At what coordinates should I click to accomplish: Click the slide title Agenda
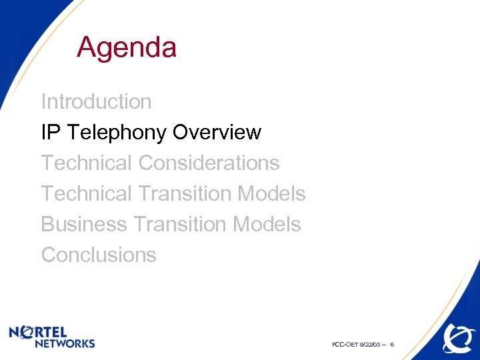pyautogui.click(x=127, y=48)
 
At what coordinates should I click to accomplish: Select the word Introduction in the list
pyautogui.click(x=96, y=102)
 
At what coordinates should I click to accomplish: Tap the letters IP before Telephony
pyautogui.click(x=50, y=133)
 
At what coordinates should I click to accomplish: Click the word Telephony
pyautogui.click(x=116, y=133)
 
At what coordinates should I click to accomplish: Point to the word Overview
pyautogui.click(x=217, y=133)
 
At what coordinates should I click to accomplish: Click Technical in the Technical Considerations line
pyautogui.click(x=87, y=163)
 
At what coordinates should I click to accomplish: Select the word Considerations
pyautogui.click(x=209, y=163)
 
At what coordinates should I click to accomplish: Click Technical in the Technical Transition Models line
pyautogui.click(x=87, y=193)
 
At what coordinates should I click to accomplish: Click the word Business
pyautogui.click(x=83, y=224)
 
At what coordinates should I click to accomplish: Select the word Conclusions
pyautogui.click(x=99, y=255)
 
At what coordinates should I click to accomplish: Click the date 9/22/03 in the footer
pyautogui.click(x=370, y=344)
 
